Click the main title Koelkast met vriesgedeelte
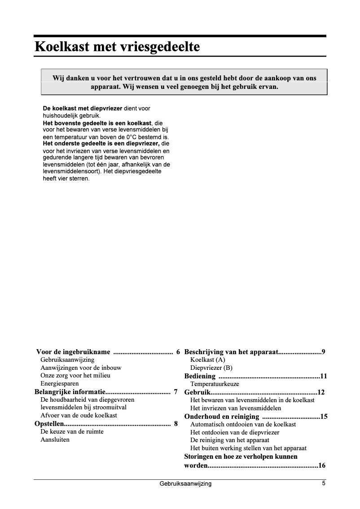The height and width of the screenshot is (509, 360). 117,47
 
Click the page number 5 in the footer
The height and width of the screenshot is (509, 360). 323,483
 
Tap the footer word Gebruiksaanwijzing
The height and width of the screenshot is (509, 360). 185,484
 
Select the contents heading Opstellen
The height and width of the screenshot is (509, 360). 49,424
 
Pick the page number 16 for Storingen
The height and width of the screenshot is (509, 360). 322,465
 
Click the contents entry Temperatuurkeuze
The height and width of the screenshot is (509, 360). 215,384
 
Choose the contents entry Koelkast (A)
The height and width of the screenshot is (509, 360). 208,360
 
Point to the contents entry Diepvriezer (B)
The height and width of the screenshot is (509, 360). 211,368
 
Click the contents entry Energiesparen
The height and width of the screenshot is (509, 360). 59,384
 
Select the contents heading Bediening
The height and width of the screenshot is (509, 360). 200,376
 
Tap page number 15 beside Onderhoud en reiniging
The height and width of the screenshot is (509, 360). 323,417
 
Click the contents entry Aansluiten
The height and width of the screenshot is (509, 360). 55,440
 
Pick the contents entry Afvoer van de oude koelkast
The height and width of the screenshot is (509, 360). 79,416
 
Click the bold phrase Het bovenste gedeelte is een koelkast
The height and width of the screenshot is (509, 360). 97,123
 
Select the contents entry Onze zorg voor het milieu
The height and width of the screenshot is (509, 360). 75,376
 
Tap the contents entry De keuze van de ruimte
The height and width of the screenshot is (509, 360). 72,432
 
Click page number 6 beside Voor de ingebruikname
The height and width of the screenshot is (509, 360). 178,352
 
